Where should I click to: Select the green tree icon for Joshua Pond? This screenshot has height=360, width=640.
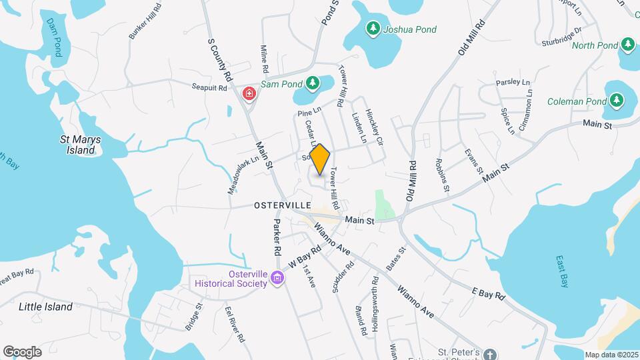pyautogui.click(x=373, y=29)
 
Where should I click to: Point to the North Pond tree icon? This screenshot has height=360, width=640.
pyautogui.click(x=627, y=45)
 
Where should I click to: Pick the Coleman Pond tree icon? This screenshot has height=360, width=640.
pyautogui.click(x=617, y=101)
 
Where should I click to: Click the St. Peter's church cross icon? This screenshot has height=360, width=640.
pyautogui.click(x=490, y=354)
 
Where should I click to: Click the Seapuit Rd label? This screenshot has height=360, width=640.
pyautogui.click(x=209, y=87)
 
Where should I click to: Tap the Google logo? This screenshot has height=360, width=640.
pyautogui.click(x=22, y=351)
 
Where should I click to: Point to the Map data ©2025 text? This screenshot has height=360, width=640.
pyautogui.click(x=610, y=355)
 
